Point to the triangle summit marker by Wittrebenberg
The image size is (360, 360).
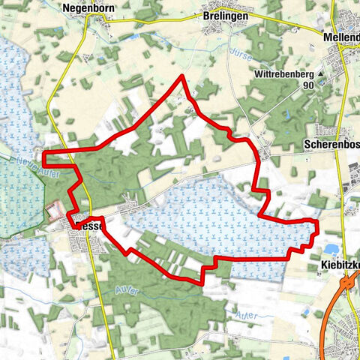[x=321, y=76]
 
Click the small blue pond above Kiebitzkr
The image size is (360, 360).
[x=331, y=249]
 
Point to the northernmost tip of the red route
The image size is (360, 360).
[x=182, y=77]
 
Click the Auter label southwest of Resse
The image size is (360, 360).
[x=124, y=290]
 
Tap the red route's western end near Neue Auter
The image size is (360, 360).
[x=43, y=157]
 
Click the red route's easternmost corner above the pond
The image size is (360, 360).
[x=318, y=223]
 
